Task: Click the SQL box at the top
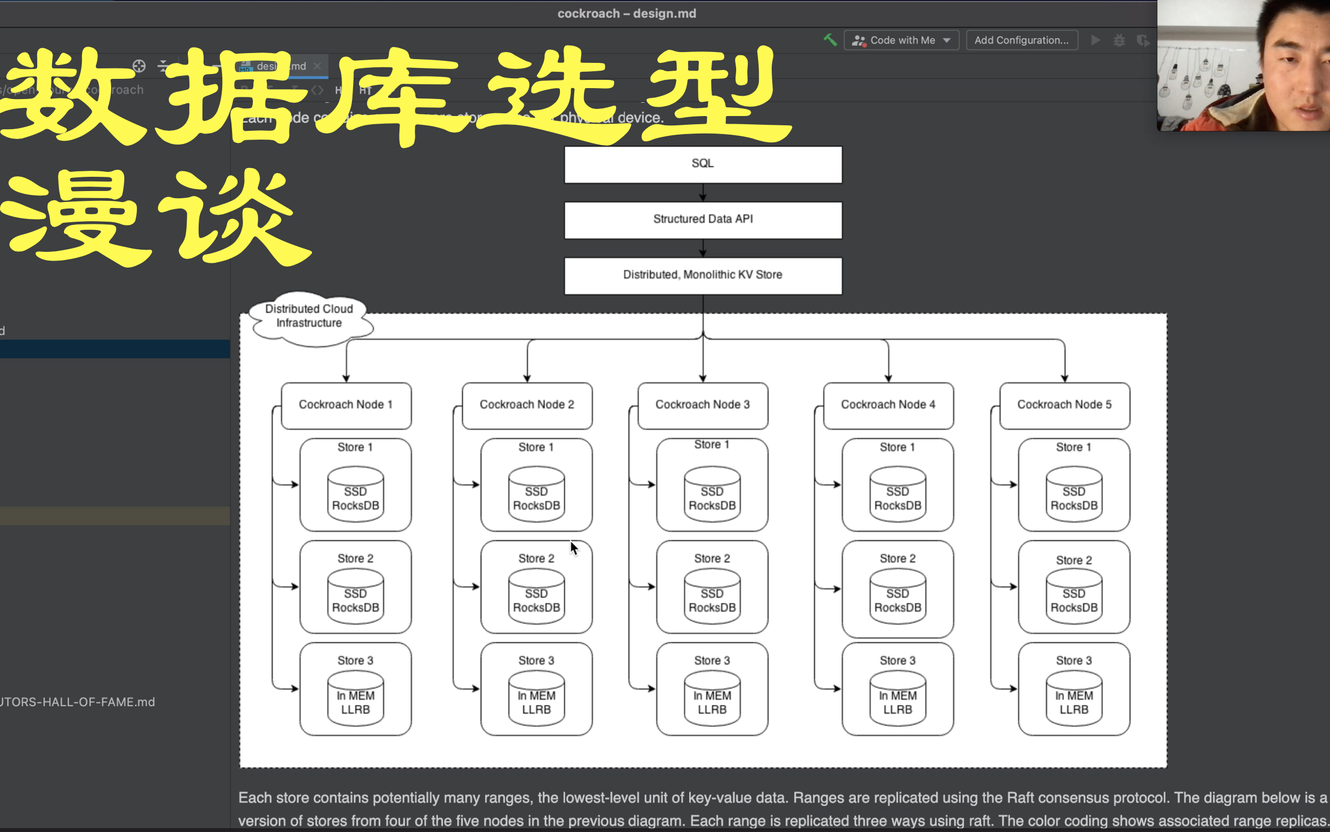pos(702,164)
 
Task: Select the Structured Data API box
pos(702,219)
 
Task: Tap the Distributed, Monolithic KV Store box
pos(702,275)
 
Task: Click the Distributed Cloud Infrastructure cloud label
pos(309,316)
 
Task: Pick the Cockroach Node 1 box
pos(345,405)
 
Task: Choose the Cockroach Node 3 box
pos(702,405)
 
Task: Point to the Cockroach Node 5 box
pos(1065,405)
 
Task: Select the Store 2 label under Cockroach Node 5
pos(1074,560)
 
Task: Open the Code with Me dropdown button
pos(901,40)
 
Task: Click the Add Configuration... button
pos(1021,40)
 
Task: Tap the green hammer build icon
pos(830,39)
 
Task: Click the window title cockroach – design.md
pos(627,13)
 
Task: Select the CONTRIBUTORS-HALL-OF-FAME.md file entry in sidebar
pos(77,702)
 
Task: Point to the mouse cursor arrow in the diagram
pos(574,548)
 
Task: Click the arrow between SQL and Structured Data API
pos(702,193)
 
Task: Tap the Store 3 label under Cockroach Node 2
pos(536,660)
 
